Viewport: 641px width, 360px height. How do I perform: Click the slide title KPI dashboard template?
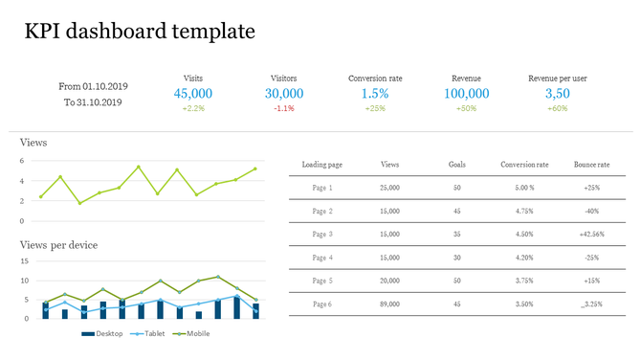[140, 31]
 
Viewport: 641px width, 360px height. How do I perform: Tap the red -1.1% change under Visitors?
[284, 109]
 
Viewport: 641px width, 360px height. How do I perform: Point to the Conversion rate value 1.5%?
[375, 93]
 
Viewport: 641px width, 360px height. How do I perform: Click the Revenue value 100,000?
[467, 93]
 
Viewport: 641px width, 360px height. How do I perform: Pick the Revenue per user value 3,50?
[558, 93]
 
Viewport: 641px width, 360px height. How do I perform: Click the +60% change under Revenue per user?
[558, 109]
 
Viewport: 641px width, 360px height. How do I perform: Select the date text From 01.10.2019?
[93, 86]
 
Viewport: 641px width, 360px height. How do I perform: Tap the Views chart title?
[33, 143]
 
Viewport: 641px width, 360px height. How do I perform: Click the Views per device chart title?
[58, 245]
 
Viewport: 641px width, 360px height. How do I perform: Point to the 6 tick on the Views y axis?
[22, 161]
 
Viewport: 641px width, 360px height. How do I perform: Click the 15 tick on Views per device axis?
[24, 261]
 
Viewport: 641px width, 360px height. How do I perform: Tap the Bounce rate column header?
[591, 165]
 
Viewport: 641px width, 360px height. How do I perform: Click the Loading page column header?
[321, 165]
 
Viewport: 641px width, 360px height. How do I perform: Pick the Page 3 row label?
[322, 234]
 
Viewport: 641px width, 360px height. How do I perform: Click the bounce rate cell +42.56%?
[591, 234]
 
